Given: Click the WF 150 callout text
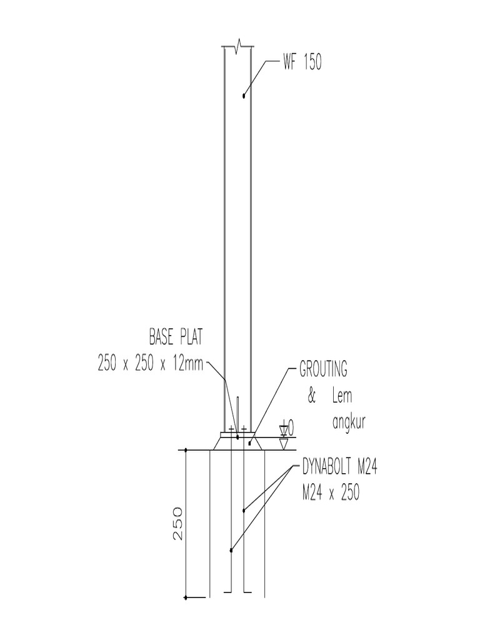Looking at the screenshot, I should [x=302, y=63].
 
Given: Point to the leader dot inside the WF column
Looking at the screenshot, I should [x=244, y=96].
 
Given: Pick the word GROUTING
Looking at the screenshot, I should [x=323, y=370].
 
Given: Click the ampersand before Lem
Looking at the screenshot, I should [x=312, y=396].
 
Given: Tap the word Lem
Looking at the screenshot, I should [x=342, y=396].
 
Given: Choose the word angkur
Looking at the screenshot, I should [x=347, y=422].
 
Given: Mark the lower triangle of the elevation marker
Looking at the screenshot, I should [x=284, y=444].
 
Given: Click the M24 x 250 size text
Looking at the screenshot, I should [x=331, y=492].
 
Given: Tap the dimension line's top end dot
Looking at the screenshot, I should [x=186, y=450].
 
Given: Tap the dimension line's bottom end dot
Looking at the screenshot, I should [x=186, y=599].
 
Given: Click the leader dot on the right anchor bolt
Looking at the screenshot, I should [x=244, y=511].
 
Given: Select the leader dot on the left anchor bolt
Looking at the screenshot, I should [x=231, y=550].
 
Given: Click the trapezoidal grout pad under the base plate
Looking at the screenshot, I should [x=237, y=443].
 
